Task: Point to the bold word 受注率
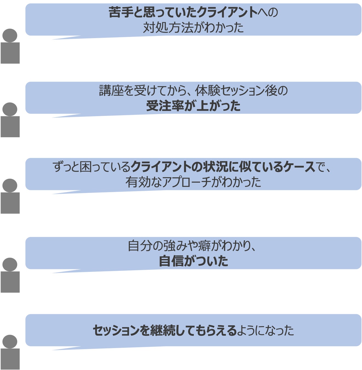[165, 106]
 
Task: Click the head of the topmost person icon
[10, 35]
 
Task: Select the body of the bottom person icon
[10, 359]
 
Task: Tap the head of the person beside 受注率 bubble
[10, 109]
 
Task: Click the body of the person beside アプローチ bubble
[10, 203]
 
